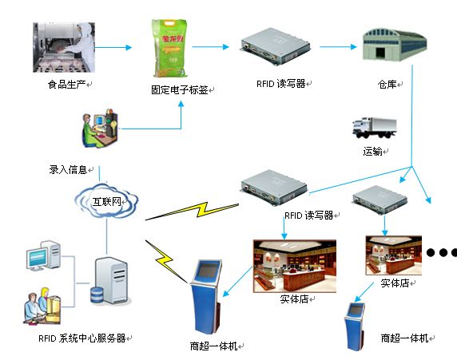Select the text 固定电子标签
coord(179,89)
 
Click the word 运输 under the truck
coord(373,151)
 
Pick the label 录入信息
coord(69,169)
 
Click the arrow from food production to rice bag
coord(113,47)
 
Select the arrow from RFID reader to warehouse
coord(336,46)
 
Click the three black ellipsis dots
coord(440,253)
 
